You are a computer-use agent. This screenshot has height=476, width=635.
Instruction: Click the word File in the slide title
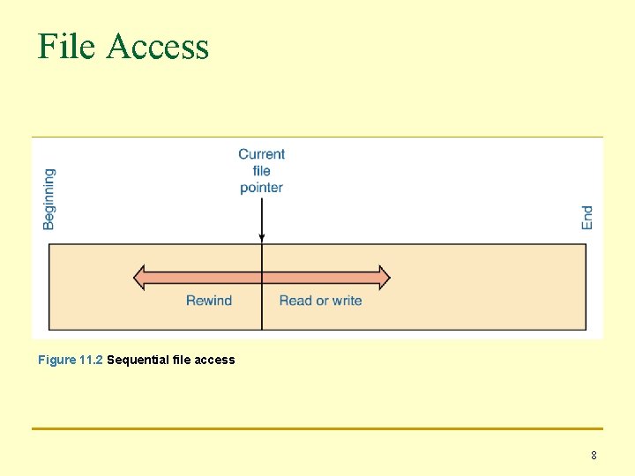pyautogui.click(x=66, y=46)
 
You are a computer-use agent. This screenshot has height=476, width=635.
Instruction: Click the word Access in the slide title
pyautogui.click(x=158, y=46)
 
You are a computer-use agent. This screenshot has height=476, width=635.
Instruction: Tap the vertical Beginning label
pyautogui.click(x=49, y=199)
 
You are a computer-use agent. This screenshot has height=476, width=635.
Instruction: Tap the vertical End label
pyautogui.click(x=587, y=218)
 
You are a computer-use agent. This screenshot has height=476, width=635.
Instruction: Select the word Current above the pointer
pyautogui.click(x=261, y=154)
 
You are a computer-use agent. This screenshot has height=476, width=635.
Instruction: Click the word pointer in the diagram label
pyautogui.click(x=261, y=187)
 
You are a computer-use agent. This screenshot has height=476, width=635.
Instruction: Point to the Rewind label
pyautogui.click(x=209, y=301)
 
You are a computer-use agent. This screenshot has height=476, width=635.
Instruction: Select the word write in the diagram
pyautogui.click(x=347, y=301)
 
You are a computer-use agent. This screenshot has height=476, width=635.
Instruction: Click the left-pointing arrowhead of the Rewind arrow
pyautogui.click(x=139, y=278)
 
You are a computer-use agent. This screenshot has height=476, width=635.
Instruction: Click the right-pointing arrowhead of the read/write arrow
pyautogui.click(x=384, y=278)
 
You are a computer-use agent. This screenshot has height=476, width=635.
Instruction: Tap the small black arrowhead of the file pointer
pyautogui.click(x=262, y=237)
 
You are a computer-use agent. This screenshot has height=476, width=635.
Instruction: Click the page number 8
pyautogui.click(x=594, y=456)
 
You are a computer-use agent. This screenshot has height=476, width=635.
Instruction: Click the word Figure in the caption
pyautogui.click(x=56, y=360)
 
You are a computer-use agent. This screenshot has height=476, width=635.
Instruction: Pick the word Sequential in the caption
pyautogui.click(x=137, y=360)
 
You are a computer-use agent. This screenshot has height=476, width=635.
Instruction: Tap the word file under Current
pyautogui.click(x=261, y=171)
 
